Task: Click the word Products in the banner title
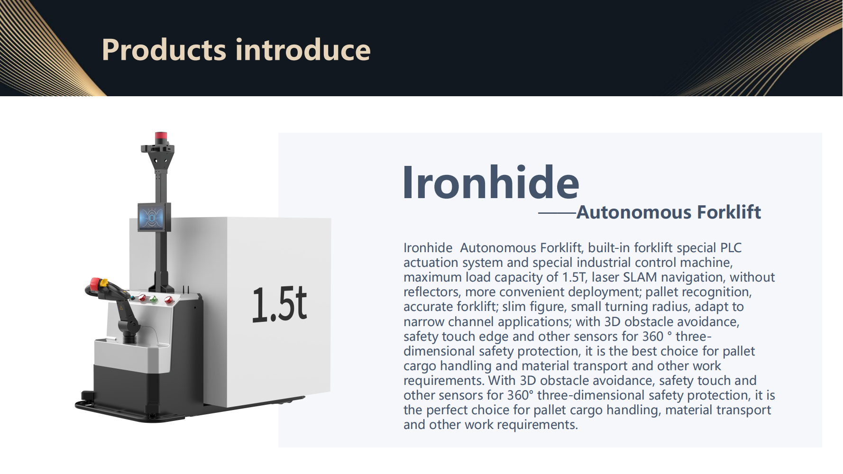pyautogui.click(x=164, y=50)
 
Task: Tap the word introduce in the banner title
pyautogui.click(x=303, y=50)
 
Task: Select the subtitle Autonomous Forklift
pyautogui.click(x=669, y=212)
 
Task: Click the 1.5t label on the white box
pyautogui.click(x=279, y=304)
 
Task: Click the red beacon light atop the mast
pyautogui.click(x=161, y=137)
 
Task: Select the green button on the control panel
pyautogui.click(x=154, y=299)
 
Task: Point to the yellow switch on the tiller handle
pyautogui.click(x=104, y=283)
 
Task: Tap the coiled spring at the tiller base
pyautogui.click(x=129, y=337)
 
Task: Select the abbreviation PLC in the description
pyautogui.click(x=731, y=248)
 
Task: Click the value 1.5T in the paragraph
pyautogui.click(x=574, y=277)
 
